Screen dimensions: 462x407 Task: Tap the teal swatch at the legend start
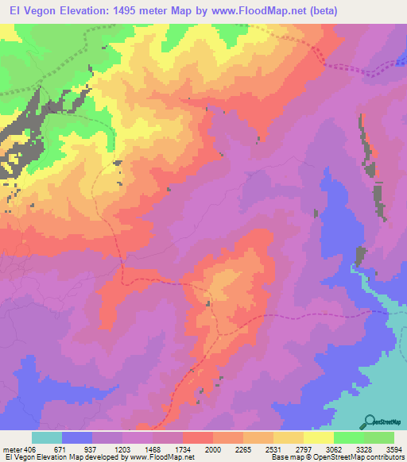tap(47, 437)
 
